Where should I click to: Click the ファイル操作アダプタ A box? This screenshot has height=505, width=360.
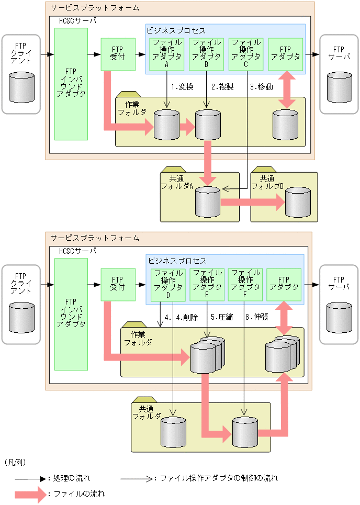pos(166,54)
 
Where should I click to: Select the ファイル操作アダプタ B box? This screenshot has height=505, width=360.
pos(206,54)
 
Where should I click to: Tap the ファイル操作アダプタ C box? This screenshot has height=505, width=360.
pos(246,54)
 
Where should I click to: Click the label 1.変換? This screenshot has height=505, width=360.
pos(182,87)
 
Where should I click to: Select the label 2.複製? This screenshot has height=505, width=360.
pos(221,87)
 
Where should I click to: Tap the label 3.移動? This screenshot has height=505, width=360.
pos(261,87)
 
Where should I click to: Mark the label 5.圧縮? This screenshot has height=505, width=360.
pos(221,317)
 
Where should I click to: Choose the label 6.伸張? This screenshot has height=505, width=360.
pos(256,317)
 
